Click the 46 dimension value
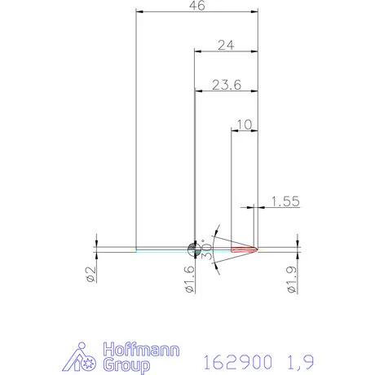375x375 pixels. point(196,6)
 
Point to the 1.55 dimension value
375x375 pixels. point(283,201)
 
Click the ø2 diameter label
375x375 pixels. point(91,276)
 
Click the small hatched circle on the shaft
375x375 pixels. point(193,248)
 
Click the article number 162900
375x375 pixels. point(234,360)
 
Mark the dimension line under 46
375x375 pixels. point(196,12)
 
